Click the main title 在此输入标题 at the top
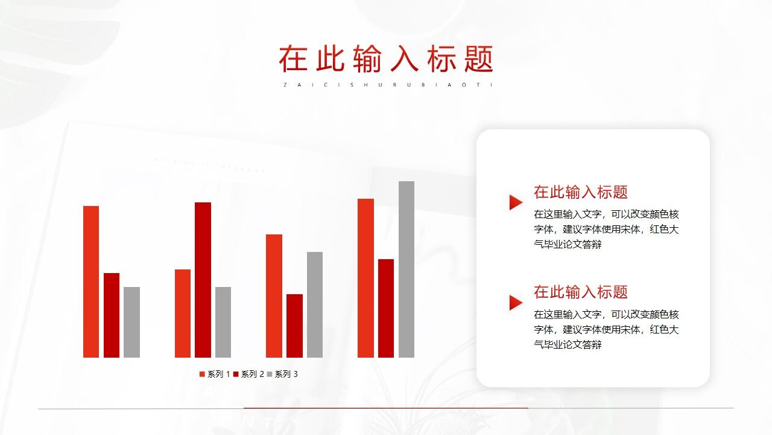[386, 59]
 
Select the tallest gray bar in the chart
[407, 269]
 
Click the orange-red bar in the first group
[91, 282]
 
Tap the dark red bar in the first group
[112, 315]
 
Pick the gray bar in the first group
[131, 322]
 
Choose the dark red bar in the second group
[203, 280]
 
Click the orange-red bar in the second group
[183, 313]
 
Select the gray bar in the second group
[223, 322]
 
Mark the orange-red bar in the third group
[274, 295]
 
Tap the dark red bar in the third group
[294, 326]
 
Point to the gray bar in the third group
[315, 304]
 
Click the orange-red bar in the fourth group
[365, 278]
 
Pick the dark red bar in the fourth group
[386, 308]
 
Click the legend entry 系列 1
[215, 375]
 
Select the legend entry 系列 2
[248, 375]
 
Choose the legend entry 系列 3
[282, 375]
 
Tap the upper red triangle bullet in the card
[515, 202]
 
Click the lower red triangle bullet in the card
[515, 303]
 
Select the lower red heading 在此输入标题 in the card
[580, 292]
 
